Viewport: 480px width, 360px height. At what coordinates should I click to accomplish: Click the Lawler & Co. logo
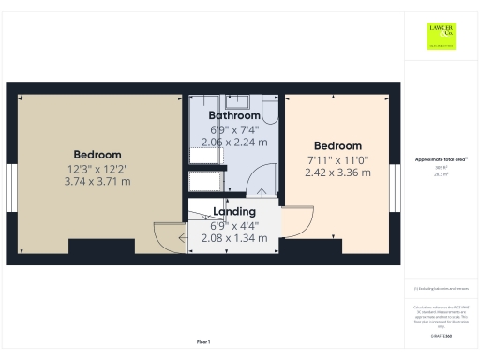tap(441, 36)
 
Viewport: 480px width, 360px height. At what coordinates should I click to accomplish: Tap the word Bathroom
tap(234, 115)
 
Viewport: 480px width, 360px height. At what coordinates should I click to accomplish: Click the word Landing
tap(234, 212)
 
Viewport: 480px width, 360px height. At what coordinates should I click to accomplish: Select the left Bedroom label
tap(97, 155)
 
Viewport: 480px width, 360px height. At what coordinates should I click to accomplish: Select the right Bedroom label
tap(337, 146)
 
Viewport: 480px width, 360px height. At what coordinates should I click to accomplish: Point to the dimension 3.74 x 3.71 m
tap(97, 181)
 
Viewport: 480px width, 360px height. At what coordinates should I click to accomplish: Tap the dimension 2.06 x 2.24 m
tap(234, 142)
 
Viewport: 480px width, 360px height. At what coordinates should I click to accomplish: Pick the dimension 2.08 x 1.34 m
tap(234, 238)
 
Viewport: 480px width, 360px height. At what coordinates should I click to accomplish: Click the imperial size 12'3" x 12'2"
tap(97, 169)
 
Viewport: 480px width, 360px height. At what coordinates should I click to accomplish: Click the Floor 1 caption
tap(202, 341)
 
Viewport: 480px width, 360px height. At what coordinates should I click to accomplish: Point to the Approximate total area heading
tap(441, 160)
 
